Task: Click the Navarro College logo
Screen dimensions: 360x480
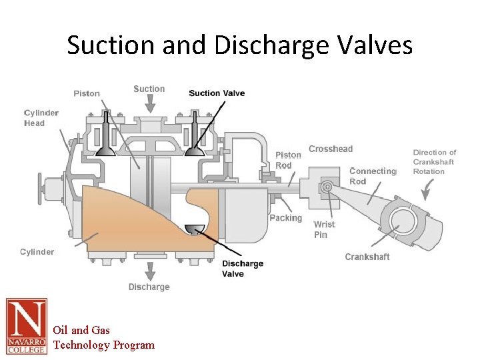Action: coord(27,326)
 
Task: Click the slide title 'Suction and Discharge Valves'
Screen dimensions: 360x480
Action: coord(240,45)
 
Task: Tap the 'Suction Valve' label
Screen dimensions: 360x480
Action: coord(217,93)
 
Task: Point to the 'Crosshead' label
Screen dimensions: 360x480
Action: coord(331,149)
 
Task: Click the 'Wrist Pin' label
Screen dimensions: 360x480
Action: coord(324,229)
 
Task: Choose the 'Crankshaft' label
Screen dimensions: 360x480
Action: coord(367,257)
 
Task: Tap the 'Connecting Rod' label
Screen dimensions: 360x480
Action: coord(372,176)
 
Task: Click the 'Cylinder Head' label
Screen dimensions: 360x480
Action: coord(41,118)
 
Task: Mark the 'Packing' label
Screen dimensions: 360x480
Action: coord(285,218)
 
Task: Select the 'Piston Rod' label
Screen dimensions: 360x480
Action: coord(288,160)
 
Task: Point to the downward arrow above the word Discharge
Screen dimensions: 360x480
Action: coord(150,271)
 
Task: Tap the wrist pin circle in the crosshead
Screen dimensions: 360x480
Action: coord(327,188)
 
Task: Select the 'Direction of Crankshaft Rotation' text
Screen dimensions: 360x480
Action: coord(434,162)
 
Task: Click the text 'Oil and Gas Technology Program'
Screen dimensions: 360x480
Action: coord(103,337)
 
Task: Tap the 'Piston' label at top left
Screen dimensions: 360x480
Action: coord(87,93)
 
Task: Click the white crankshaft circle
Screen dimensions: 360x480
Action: coord(403,221)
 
